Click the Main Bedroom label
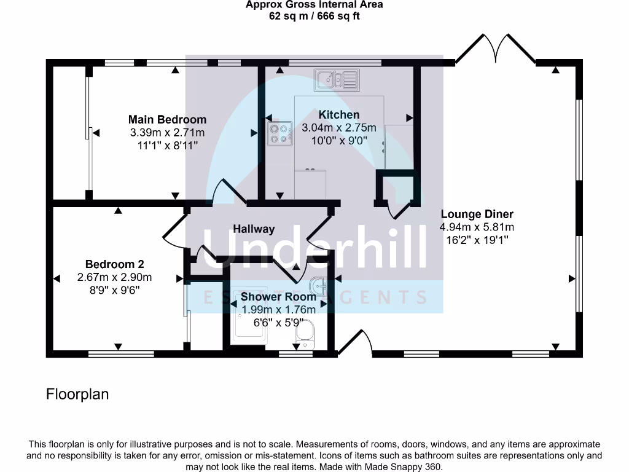pyautogui.click(x=167, y=119)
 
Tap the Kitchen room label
pyautogui.click(x=338, y=115)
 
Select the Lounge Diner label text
pyautogui.click(x=477, y=214)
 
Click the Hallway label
pyautogui.click(x=254, y=229)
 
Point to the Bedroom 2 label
pyautogui.click(x=114, y=264)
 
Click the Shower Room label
pyautogui.click(x=278, y=297)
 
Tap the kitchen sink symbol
pyautogui.click(x=337, y=79)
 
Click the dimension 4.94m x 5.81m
pyautogui.click(x=477, y=227)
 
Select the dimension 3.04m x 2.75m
pyautogui.click(x=338, y=128)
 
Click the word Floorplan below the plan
pyautogui.click(x=77, y=394)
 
